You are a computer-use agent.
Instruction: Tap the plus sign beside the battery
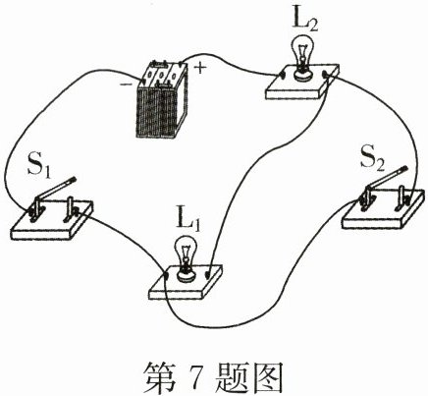pyautogui.click(x=200, y=69)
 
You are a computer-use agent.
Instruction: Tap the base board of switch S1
pyautogui.click(x=51, y=225)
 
